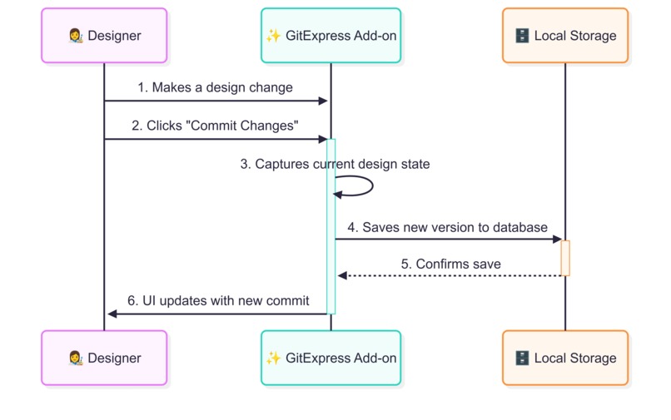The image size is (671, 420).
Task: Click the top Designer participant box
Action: tap(104, 36)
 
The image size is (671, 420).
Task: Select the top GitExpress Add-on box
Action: tap(331, 36)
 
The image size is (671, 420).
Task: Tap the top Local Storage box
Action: tap(565, 36)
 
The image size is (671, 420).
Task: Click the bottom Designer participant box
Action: tap(104, 358)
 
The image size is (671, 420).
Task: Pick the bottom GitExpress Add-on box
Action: tap(331, 358)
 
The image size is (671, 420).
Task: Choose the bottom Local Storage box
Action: tap(565, 358)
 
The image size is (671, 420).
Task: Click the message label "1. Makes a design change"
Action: tap(215, 87)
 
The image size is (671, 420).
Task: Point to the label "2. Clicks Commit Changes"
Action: tap(215, 126)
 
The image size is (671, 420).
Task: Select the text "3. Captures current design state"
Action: tap(335, 164)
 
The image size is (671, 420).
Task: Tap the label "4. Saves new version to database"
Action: tap(447, 227)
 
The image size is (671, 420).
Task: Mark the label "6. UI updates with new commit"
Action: tap(218, 300)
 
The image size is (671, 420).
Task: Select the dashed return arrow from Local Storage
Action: tap(450, 275)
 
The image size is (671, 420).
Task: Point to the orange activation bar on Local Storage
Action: tap(565, 258)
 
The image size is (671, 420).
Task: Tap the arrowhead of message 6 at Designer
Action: tap(112, 314)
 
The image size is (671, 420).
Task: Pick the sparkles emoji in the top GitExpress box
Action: tap(272, 36)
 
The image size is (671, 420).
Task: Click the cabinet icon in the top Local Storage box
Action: tap(522, 36)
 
